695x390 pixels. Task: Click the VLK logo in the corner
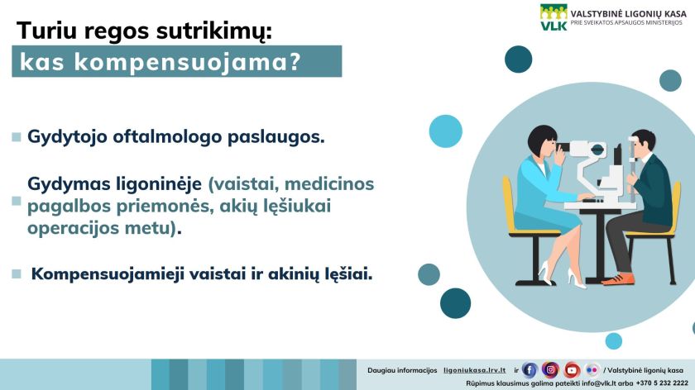coord(554,17)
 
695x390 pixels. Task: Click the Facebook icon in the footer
coord(530,369)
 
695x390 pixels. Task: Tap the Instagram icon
coord(550,369)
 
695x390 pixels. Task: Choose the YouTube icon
coord(572,369)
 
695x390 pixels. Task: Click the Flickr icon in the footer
coord(592,369)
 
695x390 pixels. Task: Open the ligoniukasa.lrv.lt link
coord(474,370)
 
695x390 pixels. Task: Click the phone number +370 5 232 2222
coord(662,383)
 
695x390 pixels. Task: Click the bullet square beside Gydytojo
coord(17,137)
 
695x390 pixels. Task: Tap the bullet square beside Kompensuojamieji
coord(17,274)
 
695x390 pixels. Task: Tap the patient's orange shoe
coord(618,279)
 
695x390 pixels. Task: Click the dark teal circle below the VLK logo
coord(518,59)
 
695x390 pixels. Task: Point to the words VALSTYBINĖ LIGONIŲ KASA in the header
coord(628,14)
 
